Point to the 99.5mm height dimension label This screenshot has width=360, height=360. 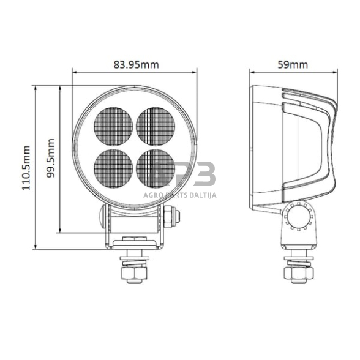[x=51, y=159]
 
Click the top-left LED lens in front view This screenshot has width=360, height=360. [x=114, y=126]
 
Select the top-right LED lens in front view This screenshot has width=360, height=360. [x=156, y=126]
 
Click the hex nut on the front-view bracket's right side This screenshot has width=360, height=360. [x=175, y=216]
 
